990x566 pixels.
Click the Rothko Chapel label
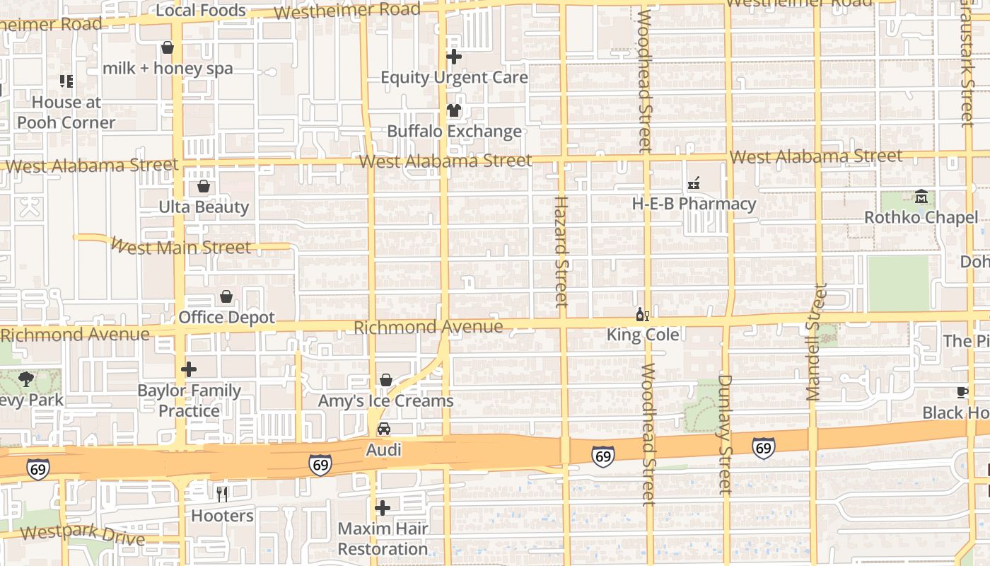click(x=921, y=217)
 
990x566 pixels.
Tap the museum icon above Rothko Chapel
click(x=921, y=196)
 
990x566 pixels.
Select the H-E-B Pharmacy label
click(x=694, y=204)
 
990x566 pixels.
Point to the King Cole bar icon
click(x=642, y=314)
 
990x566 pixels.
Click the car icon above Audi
click(x=383, y=429)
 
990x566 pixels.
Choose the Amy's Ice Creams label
click(x=385, y=401)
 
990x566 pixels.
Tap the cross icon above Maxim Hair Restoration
click(x=383, y=508)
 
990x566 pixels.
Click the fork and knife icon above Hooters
click(x=222, y=494)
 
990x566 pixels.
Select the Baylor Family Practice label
click(x=189, y=400)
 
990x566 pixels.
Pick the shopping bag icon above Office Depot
click(x=226, y=296)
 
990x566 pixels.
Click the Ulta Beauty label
click(x=204, y=207)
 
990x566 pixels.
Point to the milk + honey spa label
click(x=168, y=69)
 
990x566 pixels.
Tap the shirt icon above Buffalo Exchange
click(x=453, y=110)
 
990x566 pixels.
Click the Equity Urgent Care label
click(x=454, y=77)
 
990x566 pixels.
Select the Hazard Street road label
click(x=561, y=252)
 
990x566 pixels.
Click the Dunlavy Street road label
click(x=724, y=434)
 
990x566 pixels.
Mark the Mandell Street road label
click(x=816, y=342)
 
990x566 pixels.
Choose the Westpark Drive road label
click(x=82, y=536)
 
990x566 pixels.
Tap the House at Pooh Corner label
click(x=66, y=112)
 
